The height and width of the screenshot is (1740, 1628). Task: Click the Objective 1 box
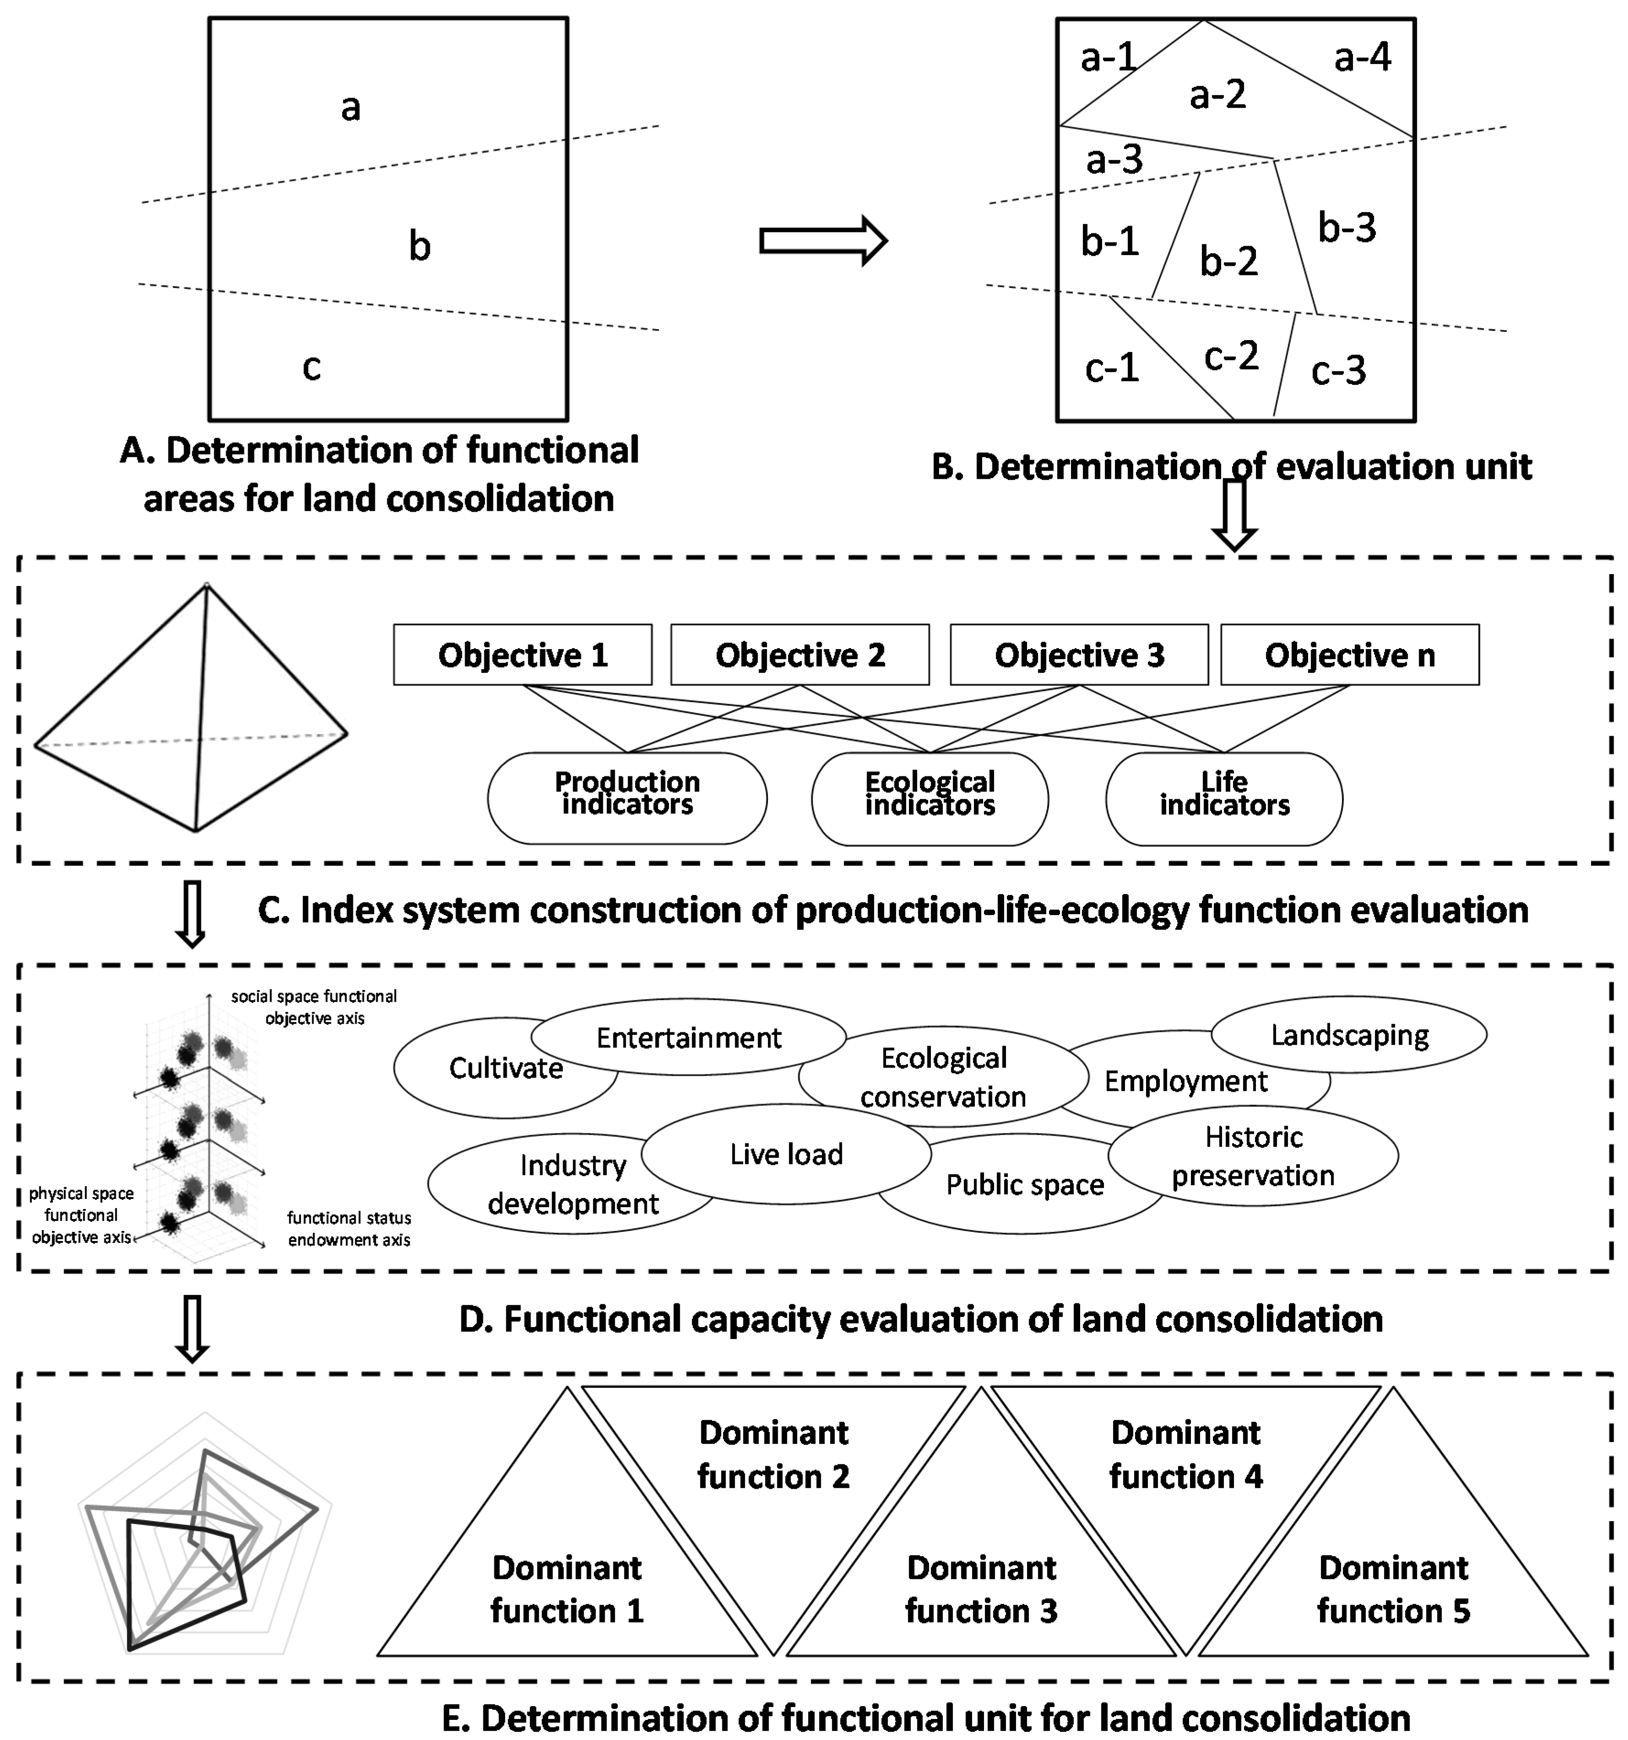tap(523, 655)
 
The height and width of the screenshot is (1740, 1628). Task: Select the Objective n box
tap(1350, 655)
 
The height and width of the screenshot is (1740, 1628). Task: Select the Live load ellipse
tap(786, 1155)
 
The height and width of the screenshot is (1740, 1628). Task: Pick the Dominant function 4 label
tap(1186, 1455)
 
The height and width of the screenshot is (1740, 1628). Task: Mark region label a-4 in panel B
tap(1362, 58)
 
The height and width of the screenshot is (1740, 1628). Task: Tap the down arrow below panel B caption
tap(1234, 518)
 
